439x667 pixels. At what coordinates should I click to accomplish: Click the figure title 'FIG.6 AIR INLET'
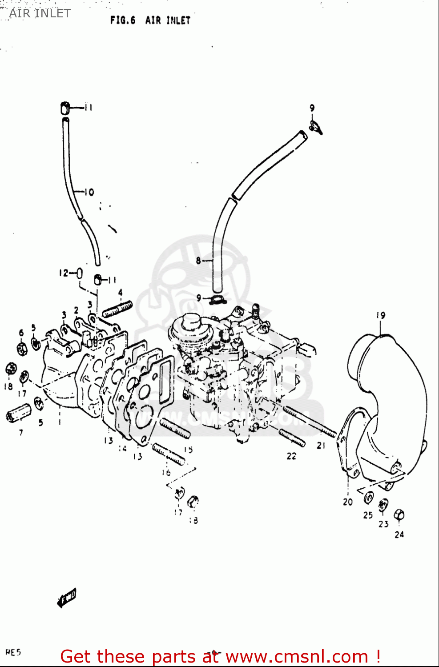150,20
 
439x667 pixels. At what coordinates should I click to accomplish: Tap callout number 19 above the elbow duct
381,315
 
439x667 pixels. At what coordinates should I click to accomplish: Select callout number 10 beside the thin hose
89,192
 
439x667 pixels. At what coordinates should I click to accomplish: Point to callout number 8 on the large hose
198,261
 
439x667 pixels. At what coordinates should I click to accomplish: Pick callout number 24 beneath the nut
399,534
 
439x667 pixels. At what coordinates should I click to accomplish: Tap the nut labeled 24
399,515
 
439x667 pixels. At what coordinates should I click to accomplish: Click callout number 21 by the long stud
321,445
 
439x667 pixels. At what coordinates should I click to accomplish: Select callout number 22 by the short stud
291,456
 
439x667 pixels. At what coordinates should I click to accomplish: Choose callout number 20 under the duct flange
347,502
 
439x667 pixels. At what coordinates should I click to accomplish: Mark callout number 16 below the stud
166,472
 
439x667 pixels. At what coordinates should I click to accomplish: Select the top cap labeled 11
65,108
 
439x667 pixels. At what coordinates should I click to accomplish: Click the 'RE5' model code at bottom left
13,652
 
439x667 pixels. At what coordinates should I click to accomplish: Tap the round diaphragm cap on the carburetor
191,320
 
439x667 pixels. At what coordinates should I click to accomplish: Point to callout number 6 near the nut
21,333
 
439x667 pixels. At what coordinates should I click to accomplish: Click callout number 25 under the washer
367,515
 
